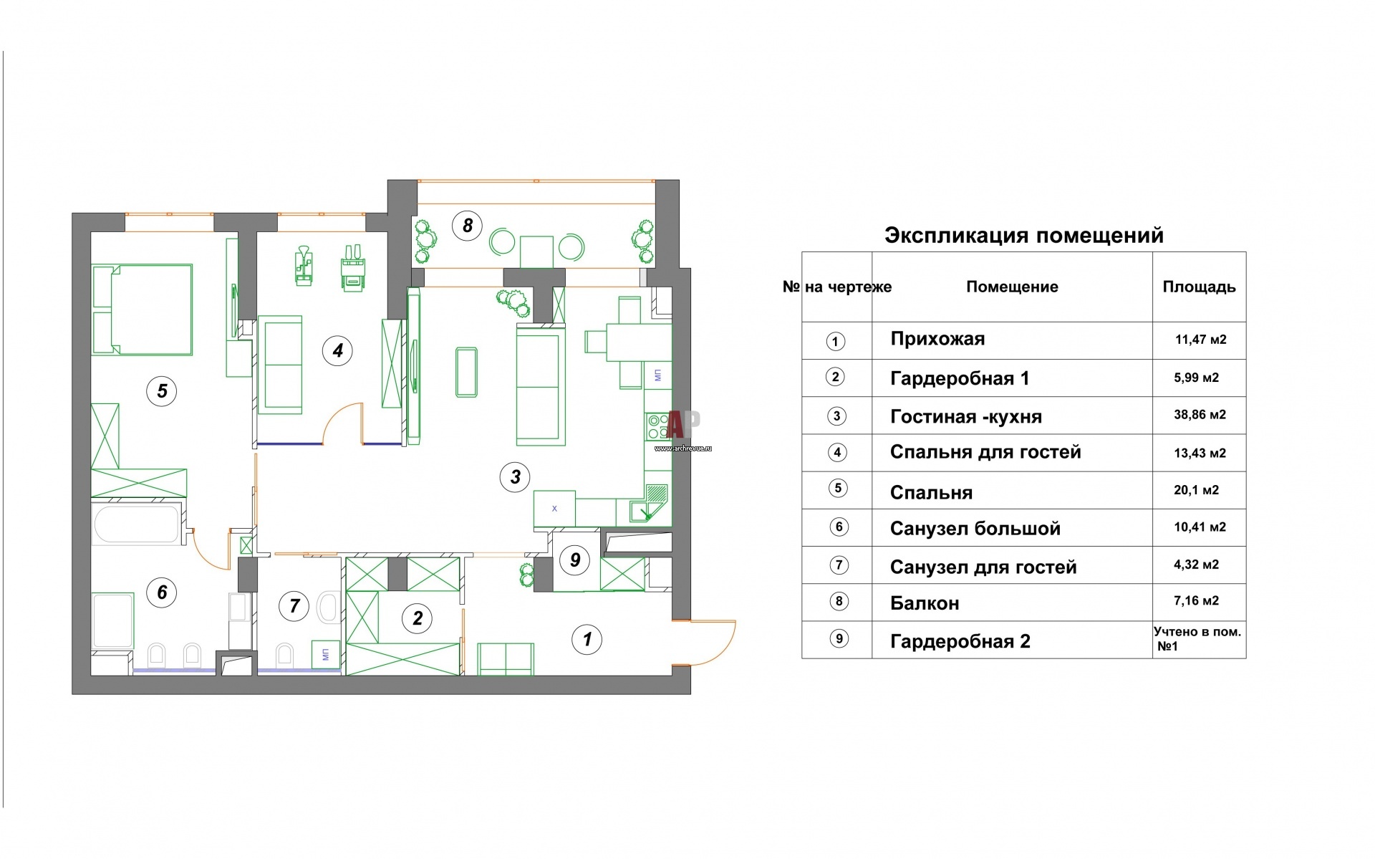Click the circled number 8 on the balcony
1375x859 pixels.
point(467,226)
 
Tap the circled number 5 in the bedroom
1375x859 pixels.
point(162,390)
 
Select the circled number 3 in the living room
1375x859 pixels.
point(515,476)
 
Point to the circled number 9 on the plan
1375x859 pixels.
point(575,560)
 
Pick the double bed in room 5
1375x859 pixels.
point(143,309)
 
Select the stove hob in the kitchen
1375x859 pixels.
point(656,426)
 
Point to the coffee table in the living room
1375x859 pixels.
point(466,371)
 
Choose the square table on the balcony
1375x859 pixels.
point(536,251)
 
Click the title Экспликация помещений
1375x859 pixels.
point(1024,236)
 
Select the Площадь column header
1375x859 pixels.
point(1199,287)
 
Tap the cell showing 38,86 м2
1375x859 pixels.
point(1200,415)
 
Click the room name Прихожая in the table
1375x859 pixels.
point(937,339)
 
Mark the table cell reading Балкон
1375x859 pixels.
point(925,603)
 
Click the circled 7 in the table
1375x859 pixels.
point(839,565)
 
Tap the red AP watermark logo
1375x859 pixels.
point(682,424)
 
